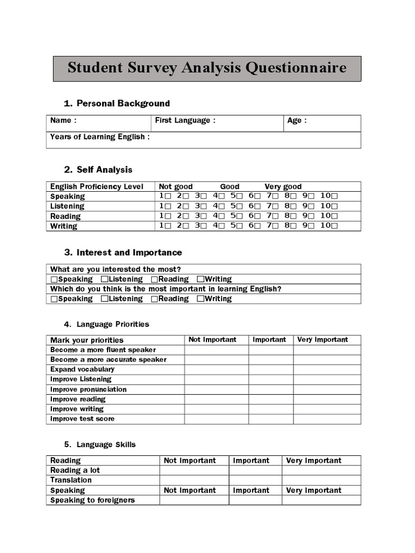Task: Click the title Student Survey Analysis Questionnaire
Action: point(207,69)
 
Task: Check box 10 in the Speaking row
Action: point(335,197)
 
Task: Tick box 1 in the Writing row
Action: point(168,226)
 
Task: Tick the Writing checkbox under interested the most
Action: point(200,279)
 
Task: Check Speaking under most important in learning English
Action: point(53,299)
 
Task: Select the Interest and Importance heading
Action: point(129,252)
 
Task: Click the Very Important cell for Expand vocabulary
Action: point(327,369)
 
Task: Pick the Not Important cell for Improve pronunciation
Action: point(216,389)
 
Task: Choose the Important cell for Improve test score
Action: point(271,419)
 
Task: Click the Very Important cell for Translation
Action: point(321,480)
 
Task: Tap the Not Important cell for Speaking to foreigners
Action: point(194,500)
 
